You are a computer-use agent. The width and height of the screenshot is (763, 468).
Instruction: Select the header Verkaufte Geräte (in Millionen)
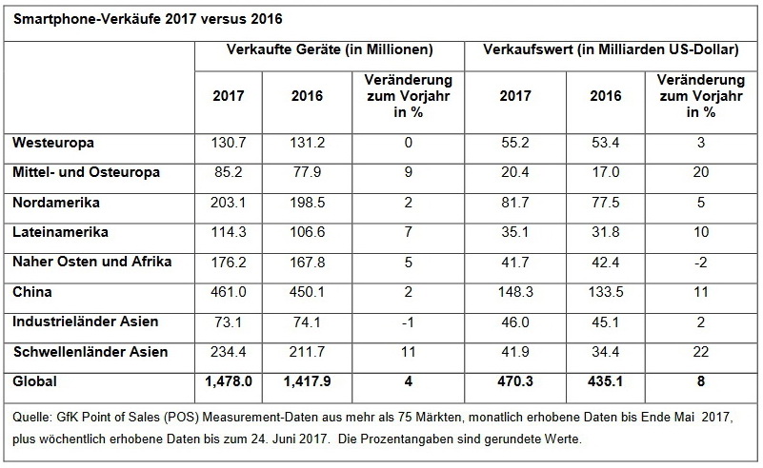coord(330,49)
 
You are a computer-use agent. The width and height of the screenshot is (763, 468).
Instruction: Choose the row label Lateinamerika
coord(58,232)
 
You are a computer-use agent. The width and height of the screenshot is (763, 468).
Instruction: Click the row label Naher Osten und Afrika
coord(91,263)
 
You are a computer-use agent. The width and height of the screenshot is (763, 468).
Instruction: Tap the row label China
coord(32,292)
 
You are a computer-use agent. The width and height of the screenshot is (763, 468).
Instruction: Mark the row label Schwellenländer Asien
coord(90,352)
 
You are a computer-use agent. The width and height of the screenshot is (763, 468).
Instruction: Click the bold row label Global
coord(34,382)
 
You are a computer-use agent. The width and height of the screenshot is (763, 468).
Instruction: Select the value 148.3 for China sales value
coord(514,292)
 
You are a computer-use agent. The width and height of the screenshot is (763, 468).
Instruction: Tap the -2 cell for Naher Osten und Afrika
coord(700,263)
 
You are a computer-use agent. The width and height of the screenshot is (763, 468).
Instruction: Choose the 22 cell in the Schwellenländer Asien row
coord(700,352)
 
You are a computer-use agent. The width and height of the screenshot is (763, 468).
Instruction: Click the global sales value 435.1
coord(606,382)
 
